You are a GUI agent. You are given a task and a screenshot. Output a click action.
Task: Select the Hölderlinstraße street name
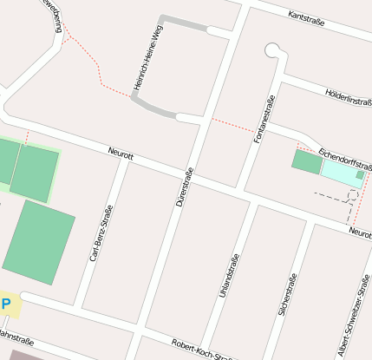coord(347,96)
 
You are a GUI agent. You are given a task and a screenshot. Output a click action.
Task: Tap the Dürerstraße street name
coord(183,186)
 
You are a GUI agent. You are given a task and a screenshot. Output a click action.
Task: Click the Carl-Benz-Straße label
coord(101,233)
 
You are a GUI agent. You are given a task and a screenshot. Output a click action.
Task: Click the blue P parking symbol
coord(6,304)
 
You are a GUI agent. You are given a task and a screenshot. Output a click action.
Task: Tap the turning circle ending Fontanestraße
coord(273,50)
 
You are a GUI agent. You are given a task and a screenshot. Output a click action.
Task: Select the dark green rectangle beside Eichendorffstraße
coord(306,161)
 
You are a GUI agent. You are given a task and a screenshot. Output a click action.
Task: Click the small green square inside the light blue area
coord(361,176)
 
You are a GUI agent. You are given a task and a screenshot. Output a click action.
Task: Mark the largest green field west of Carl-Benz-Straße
coord(39,242)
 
